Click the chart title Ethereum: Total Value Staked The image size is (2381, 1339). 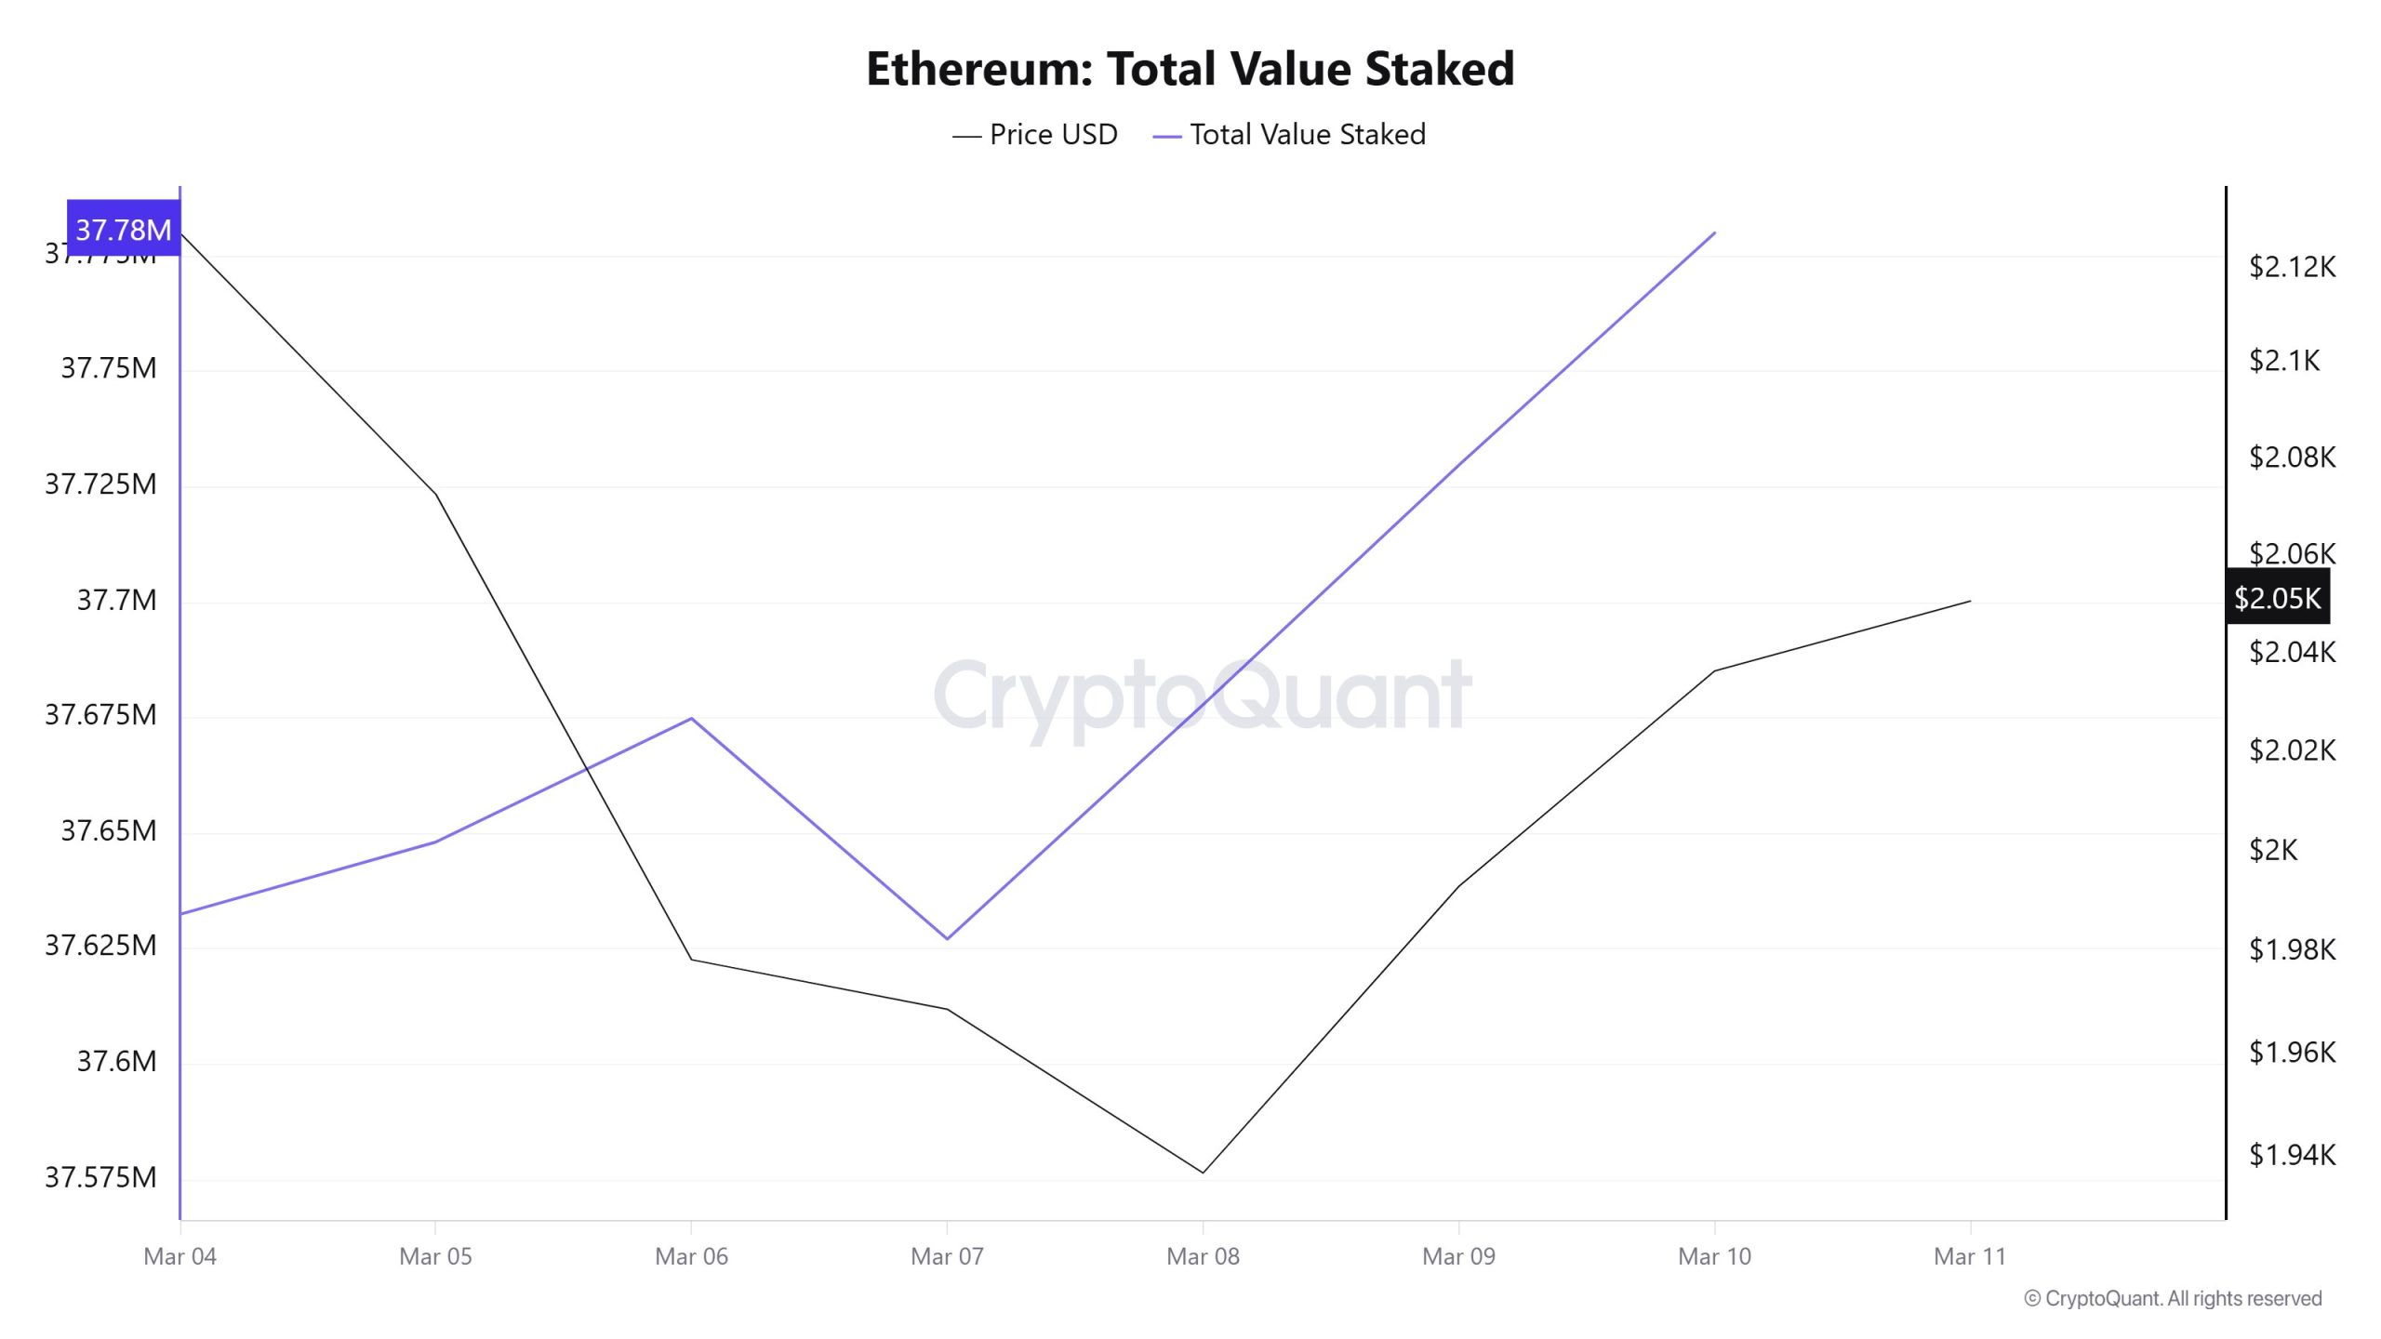(x=1190, y=69)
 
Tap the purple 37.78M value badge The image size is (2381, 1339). (x=123, y=229)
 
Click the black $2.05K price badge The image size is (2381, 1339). (x=2277, y=598)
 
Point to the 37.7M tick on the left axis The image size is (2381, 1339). (x=116, y=600)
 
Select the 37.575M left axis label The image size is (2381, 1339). (x=100, y=1177)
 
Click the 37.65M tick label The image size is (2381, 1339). (x=108, y=830)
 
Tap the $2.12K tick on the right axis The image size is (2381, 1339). (x=2292, y=267)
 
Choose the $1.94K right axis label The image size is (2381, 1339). (x=2292, y=1155)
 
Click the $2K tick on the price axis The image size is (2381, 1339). (x=2273, y=849)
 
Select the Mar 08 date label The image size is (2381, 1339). (x=1203, y=1256)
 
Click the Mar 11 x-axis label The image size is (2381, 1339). (x=1970, y=1256)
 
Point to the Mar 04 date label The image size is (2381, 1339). (x=180, y=1256)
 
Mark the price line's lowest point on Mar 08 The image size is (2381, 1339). (x=1203, y=1173)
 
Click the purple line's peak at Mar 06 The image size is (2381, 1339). (x=691, y=718)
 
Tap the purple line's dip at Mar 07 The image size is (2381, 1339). (x=947, y=938)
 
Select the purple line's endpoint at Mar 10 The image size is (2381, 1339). (x=1714, y=232)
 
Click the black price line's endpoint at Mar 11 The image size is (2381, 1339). (x=1970, y=601)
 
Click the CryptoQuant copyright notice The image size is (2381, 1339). (x=2173, y=1298)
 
